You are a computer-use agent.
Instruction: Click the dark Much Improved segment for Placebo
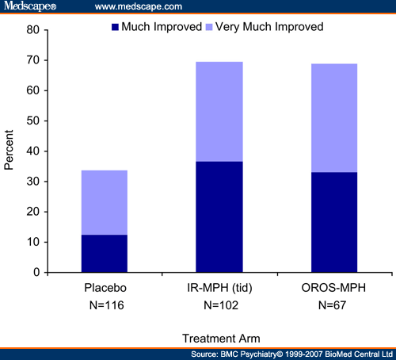point(104,253)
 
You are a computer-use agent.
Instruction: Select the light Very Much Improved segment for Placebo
point(104,202)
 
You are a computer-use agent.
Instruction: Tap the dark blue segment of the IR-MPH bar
point(219,216)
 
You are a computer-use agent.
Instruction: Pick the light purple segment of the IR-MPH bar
point(219,111)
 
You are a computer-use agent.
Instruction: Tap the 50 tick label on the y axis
point(32,121)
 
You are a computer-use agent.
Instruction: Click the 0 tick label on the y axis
point(36,272)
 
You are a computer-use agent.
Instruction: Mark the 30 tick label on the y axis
point(32,182)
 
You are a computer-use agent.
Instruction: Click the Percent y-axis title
point(10,151)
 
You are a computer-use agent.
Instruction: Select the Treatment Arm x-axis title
point(219,336)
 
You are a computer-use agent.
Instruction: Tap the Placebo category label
point(104,287)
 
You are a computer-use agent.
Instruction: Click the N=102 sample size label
point(219,304)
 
